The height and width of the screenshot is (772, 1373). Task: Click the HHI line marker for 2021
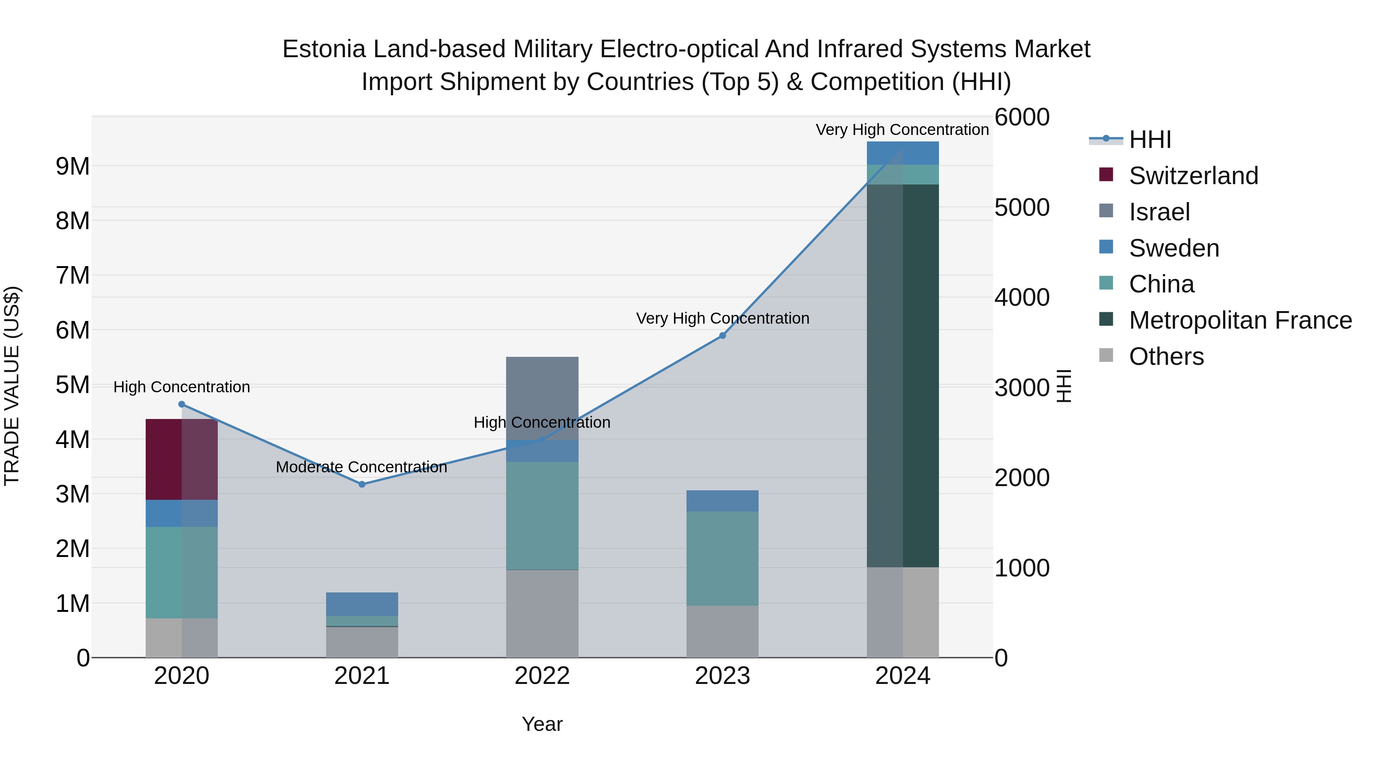point(362,484)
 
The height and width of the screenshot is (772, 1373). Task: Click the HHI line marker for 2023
point(722,335)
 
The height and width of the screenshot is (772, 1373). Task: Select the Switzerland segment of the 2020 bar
point(181,459)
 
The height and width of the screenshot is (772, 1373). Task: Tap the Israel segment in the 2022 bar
point(542,398)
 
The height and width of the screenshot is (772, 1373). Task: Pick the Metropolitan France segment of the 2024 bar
point(902,376)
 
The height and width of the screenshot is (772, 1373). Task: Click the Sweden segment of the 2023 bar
point(722,501)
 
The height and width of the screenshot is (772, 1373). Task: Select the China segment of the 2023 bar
point(722,559)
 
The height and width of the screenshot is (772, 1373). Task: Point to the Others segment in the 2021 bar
point(362,642)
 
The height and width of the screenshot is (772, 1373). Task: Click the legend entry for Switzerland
point(1193,176)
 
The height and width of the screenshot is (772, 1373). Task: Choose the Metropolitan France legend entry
point(1240,320)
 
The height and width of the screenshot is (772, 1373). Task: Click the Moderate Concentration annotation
point(362,467)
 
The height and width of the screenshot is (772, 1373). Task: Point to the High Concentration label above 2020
point(182,387)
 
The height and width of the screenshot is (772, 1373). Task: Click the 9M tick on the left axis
point(72,167)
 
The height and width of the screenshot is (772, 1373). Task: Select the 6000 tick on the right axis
point(1022,117)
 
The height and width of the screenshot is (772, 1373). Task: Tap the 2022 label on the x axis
point(542,676)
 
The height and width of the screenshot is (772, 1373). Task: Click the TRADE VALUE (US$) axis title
point(12,386)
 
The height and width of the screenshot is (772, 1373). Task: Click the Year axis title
point(542,724)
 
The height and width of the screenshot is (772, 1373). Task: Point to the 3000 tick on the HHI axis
point(1022,387)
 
